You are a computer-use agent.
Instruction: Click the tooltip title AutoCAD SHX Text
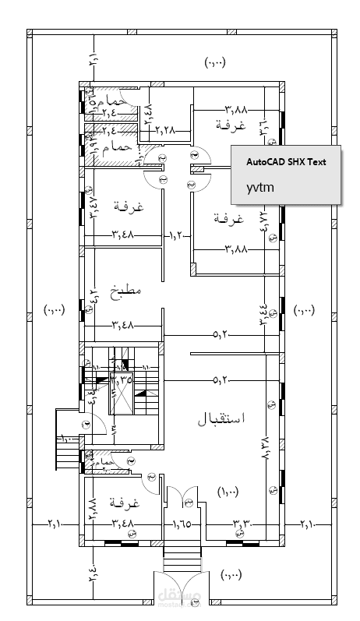click(286, 162)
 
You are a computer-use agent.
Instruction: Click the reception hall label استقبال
click(221, 418)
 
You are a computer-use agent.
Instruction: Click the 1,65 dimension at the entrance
click(182, 523)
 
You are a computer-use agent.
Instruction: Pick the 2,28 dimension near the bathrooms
click(165, 129)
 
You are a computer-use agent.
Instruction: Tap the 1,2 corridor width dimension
click(177, 233)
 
